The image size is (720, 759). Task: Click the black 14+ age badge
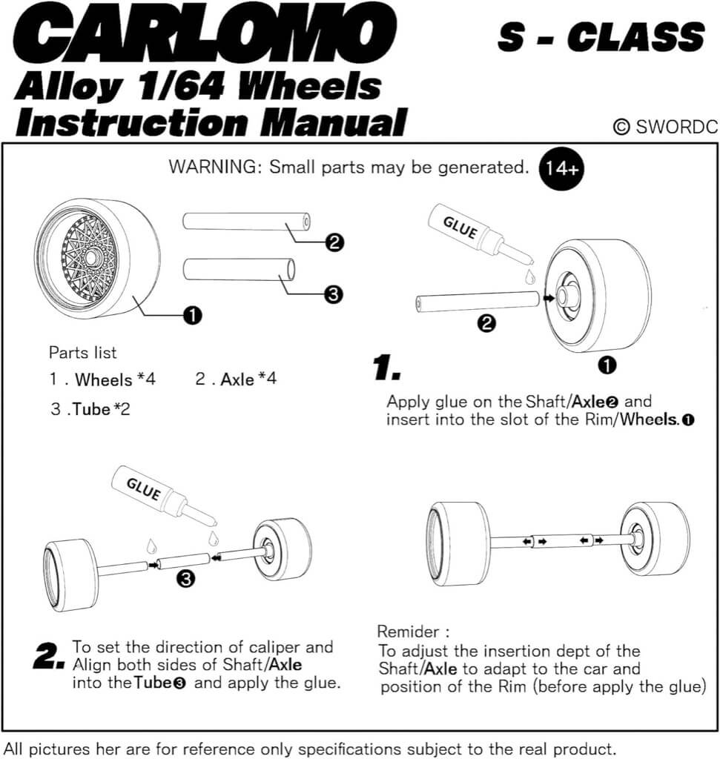tap(561, 168)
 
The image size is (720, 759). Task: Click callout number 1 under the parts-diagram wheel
tap(193, 316)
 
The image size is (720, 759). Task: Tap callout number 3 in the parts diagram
tap(334, 294)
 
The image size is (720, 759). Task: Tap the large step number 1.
tap(386, 368)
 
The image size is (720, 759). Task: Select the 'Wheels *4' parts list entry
tap(103, 380)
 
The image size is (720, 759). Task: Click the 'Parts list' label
tap(83, 353)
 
